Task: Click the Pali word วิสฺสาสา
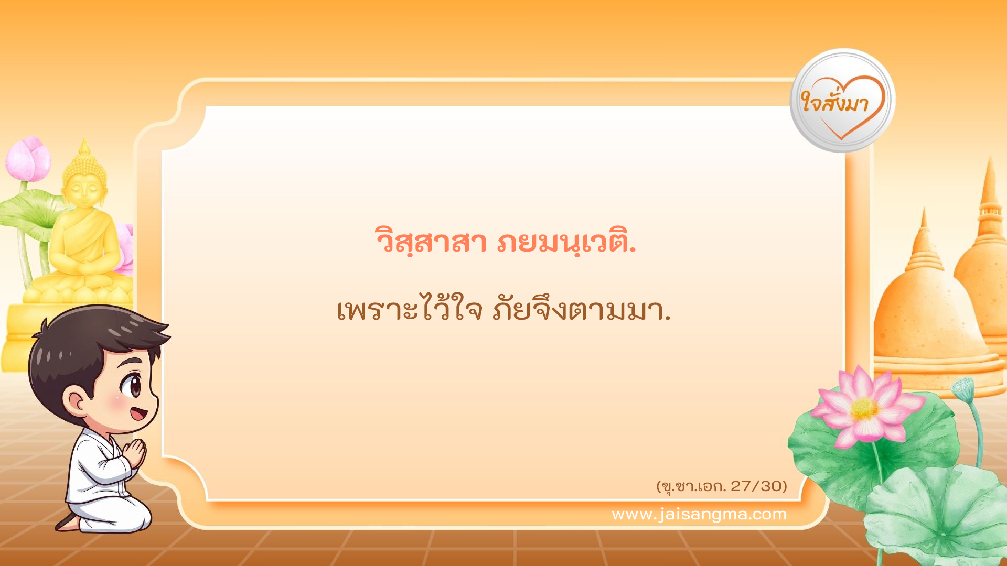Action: pyautogui.click(x=431, y=242)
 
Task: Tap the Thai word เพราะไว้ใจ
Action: pyautogui.click(x=409, y=310)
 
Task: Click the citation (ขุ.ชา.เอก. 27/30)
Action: pyautogui.click(x=722, y=486)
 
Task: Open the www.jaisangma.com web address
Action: pyautogui.click(x=699, y=514)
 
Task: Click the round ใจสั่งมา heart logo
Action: pyautogui.click(x=842, y=101)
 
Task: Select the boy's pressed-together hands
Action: pyautogui.click(x=135, y=453)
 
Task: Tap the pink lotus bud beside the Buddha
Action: pyautogui.click(x=28, y=158)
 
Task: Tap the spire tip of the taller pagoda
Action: pyautogui.click(x=990, y=168)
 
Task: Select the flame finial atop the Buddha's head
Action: pyautogui.click(x=84, y=146)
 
